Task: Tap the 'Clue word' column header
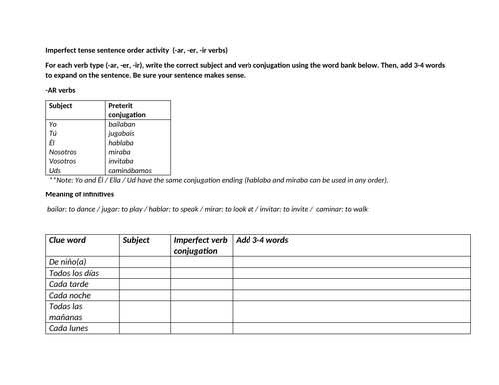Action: tap(68, 240)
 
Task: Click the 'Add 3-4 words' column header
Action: tap(262, 240)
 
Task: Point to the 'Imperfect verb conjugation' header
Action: tap(200, 245)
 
